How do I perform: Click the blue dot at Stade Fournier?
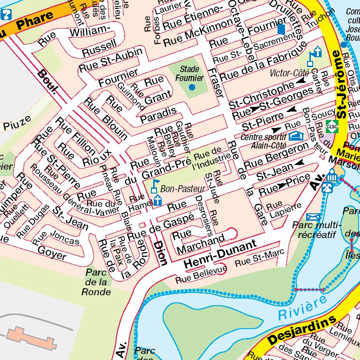point(192,87)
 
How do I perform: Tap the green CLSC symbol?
point(332,127)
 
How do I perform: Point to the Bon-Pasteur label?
point(177,189)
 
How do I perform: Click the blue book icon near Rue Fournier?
point(281,29)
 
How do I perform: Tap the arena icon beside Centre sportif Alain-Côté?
point(296,136)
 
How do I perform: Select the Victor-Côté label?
point(289,73)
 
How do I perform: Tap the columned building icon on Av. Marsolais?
point(332,176)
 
